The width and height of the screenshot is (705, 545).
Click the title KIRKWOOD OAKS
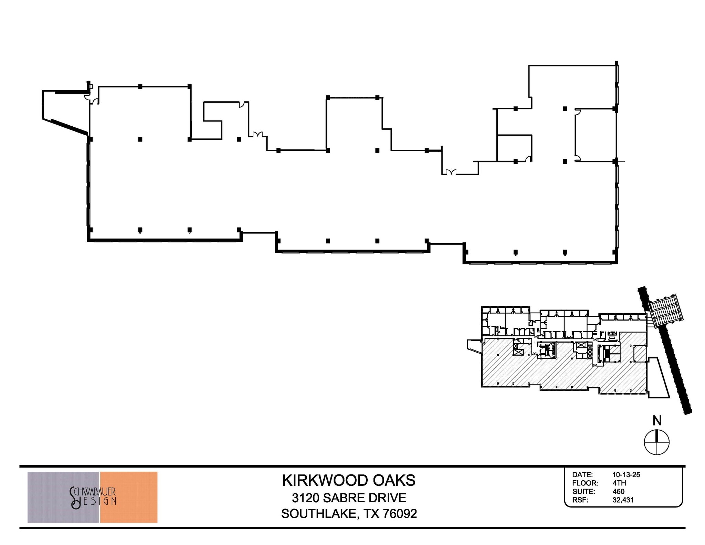click(x=349, y=481)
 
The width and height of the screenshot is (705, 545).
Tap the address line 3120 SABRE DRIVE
click(x=349, y=498)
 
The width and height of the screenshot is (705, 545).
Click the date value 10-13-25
click(x=626, y=475)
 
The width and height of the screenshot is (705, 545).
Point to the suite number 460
click(x=618, y=492)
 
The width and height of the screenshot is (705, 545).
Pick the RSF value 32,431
click(x=623, y=500)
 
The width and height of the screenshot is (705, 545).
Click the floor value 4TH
click(x=619, y=483)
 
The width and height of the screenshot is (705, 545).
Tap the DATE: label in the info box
click(x=582, y=475)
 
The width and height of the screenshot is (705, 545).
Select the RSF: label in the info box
click(x=580, y=500)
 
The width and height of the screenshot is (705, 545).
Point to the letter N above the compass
click(x=657, y=421)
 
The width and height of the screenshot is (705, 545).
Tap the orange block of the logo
click(x=129, y=497)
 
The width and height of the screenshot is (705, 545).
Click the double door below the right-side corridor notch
click(x=451, y=172)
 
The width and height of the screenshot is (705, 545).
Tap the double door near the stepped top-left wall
click(x=258, y=134)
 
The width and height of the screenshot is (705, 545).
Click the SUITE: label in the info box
click(x=584, y=492)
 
